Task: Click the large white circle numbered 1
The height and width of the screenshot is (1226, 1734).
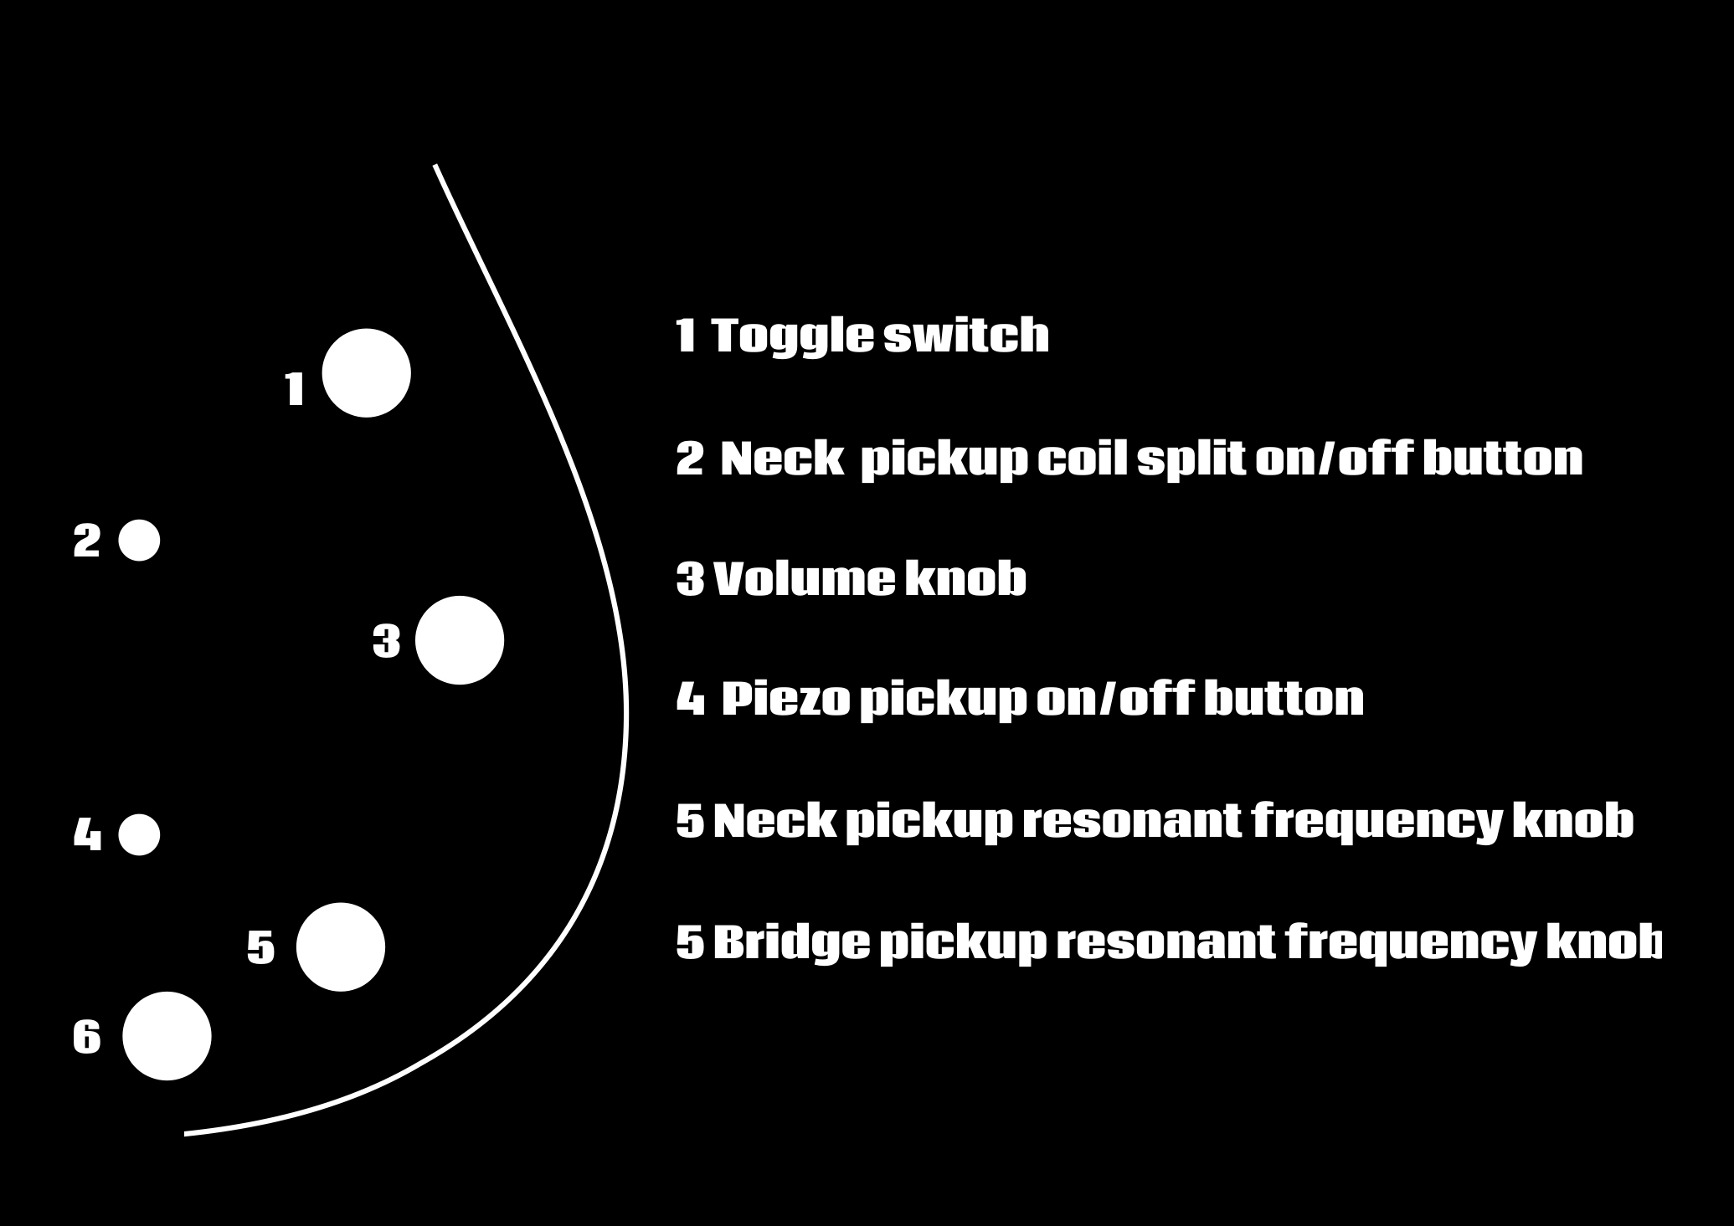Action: click(x=366, y=372)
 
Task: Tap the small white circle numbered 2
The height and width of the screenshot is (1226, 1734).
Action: click(x=139, y=540)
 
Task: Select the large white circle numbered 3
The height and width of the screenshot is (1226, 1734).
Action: click(x=460, y=640)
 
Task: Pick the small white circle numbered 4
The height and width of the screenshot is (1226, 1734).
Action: click(x=139, y=834)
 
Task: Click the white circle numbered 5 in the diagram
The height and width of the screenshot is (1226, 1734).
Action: click(x=341, y=946)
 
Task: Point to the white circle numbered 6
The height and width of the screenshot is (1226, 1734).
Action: click(x=167, y=1036)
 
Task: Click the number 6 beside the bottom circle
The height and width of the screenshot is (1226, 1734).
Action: click(x=87, y=1038)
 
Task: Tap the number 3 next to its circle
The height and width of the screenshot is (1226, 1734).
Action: click(x=386, y=642)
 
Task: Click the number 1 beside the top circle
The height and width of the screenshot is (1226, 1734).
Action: click(x=295, y=390)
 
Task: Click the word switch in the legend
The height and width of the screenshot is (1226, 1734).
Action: click(x=966, y=336)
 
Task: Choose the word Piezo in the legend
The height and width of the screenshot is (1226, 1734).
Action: click(x=785, y=700)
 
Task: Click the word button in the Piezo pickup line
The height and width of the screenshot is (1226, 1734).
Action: click(x=1284, y=700)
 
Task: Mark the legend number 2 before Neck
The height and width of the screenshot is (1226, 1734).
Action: click(x=690, y=459)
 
